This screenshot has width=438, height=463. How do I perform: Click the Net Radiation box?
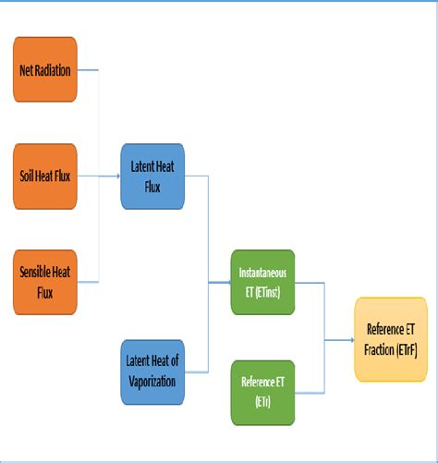(x=46, y=69)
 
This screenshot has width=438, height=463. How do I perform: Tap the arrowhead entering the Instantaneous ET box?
(x=228, y=279)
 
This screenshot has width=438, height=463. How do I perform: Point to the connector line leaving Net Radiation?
(x=89, y=69)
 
